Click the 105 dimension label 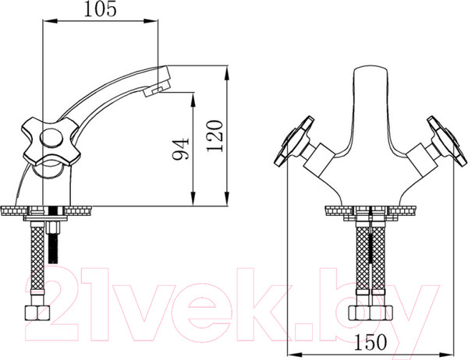100,9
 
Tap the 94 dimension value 181,149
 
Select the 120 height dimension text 215,136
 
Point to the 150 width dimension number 370,342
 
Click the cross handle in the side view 51,141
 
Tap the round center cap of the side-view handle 51,139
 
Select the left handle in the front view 294,141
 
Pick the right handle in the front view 447,141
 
